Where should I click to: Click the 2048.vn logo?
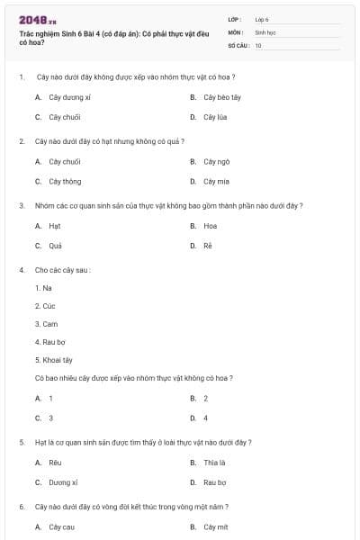pos(38,19)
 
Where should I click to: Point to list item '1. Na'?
pos(43,288)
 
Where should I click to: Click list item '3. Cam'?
pos(46,324)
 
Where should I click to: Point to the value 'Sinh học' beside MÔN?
pos(265,31)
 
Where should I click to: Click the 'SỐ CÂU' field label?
pos(237,45)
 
